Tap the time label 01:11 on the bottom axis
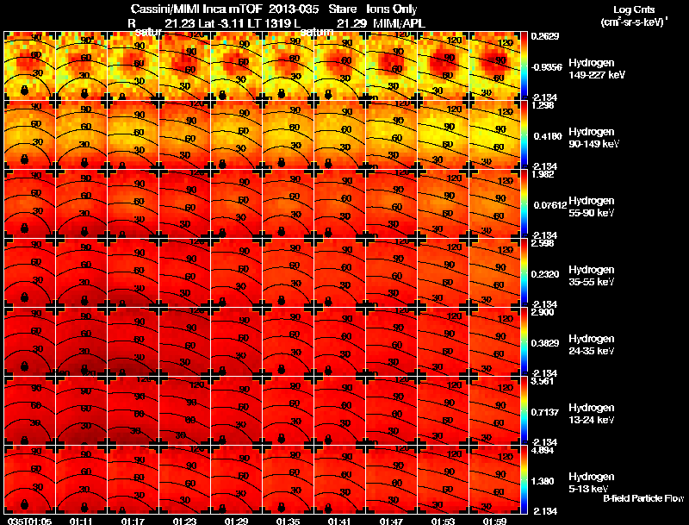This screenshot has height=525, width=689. (82, 520)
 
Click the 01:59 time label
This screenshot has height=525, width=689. (495, 520)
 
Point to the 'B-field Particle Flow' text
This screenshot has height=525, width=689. (642, 498)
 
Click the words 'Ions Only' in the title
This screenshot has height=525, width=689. (393, 9)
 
